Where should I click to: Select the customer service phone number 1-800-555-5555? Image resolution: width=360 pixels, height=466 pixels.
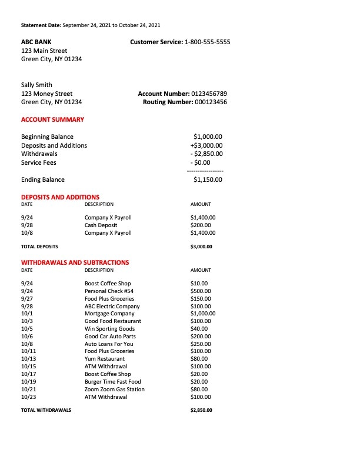point(208,42)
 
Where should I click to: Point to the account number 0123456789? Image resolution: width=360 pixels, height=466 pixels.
point(209,94)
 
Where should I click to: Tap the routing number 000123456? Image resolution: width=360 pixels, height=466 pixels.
point(211,102)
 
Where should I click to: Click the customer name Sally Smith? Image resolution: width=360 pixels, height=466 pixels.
point(36,85)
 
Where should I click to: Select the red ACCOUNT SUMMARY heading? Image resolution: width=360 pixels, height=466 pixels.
point(52,119)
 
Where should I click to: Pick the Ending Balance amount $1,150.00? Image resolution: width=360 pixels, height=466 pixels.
point(208,179)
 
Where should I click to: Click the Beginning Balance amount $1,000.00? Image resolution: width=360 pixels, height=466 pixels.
point(208,137)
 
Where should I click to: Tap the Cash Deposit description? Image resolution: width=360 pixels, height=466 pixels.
point(101,225)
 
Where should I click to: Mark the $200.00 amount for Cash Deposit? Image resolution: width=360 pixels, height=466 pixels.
point(201,225)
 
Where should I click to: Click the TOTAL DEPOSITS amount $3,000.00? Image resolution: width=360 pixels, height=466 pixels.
point(201,247)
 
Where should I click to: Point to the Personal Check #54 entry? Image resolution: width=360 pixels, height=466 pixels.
point(109,291)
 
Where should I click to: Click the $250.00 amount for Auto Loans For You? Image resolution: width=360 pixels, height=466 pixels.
point(201,344)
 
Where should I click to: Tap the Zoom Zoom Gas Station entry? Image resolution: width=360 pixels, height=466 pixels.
point(114,390)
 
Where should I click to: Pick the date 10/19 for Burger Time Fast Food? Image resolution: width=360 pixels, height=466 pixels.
point(27,382)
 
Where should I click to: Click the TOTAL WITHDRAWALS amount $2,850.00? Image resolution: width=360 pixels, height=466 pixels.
point(201,410)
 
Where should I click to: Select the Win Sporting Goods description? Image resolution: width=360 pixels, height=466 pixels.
point(109,329)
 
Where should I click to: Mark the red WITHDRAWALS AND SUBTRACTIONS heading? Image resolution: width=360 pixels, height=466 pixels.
point(75,262)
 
